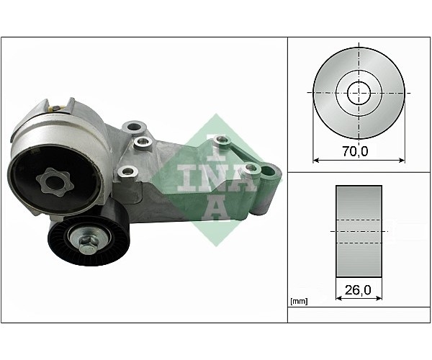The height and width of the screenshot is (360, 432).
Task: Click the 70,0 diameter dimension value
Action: (x=355, y=151)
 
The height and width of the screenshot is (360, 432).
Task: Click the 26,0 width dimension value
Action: (x=358, y=289)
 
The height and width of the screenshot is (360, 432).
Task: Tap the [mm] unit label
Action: (x=299, y=302)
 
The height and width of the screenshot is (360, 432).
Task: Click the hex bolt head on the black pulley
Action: (x=87, y=243)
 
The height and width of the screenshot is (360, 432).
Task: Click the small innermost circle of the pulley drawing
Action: (x=359, y=93)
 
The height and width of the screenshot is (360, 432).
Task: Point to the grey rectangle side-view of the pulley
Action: (x=359, y=231)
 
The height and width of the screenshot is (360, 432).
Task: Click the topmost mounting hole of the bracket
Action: (x=134, y=127)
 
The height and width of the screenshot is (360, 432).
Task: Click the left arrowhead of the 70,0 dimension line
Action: (x=316, y=160)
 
